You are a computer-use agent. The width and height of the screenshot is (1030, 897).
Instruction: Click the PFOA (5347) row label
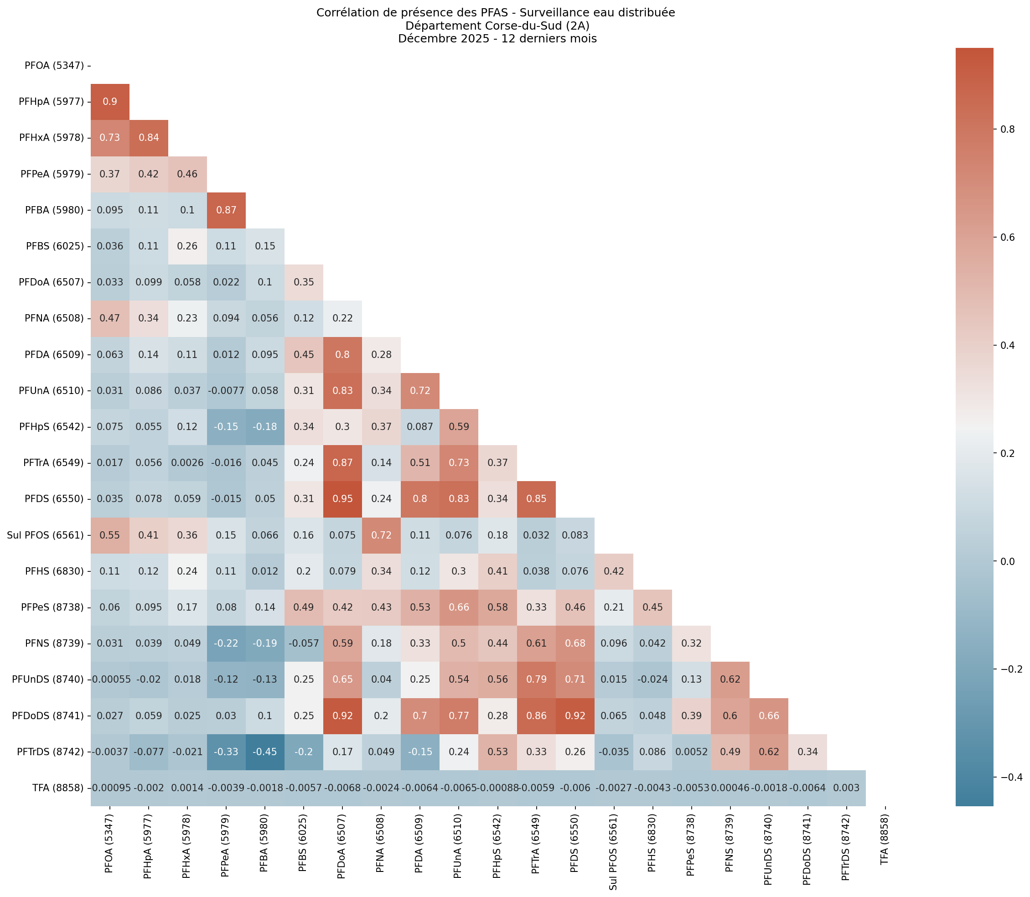pos(54,66)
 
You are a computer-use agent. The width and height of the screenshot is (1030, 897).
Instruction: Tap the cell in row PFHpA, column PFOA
pos(110,102)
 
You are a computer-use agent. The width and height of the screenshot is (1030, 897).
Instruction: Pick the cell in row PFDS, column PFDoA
pos(342,499)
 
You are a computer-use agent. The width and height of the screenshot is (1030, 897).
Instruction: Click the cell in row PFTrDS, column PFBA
pos(265,752)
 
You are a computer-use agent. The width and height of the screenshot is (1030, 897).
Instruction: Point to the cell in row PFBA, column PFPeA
pos(226,210)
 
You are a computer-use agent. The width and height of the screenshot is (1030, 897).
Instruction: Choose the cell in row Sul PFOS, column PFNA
pos(381,535)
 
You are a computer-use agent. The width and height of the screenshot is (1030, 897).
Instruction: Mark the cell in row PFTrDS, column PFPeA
pos(226,752)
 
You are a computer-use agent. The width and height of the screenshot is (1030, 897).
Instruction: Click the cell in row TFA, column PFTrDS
pos(846,788)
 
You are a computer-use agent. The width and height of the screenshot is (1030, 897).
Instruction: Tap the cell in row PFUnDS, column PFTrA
pos(536,680)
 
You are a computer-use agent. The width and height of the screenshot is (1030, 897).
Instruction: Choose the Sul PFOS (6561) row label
pos(45,535)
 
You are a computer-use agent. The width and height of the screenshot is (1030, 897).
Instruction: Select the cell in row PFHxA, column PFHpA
pos(149,138)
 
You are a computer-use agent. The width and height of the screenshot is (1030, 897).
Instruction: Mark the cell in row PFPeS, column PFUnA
pos(458,608)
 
